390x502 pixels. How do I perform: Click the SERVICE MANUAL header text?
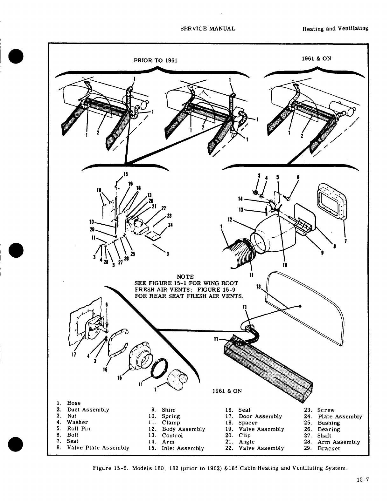[x=208, y=28]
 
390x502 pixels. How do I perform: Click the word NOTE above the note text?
[x=185, y=277]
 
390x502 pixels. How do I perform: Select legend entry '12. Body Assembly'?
[x=177, y=429]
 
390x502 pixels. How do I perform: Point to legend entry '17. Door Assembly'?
[x=253, y=416]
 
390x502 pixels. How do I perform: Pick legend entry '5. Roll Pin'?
[x=73, y=428]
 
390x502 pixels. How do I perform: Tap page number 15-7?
[x=362, y=480]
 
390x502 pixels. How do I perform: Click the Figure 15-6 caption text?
[x=219, y=468]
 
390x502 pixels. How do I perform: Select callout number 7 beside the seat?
[x=345, y=241]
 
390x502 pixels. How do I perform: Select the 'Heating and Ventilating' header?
[x=335, y=28]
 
